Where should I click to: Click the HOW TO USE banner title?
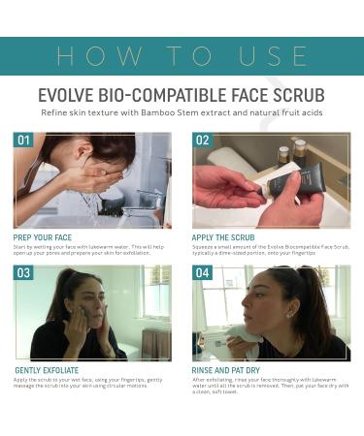click(182, 55)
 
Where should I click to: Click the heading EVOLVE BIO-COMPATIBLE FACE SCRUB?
click(182, 97)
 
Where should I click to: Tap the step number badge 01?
click(23, 140)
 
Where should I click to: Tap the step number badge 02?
click(202, 140)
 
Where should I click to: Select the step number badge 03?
click(23, 273)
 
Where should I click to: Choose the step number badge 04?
click(202, 273)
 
